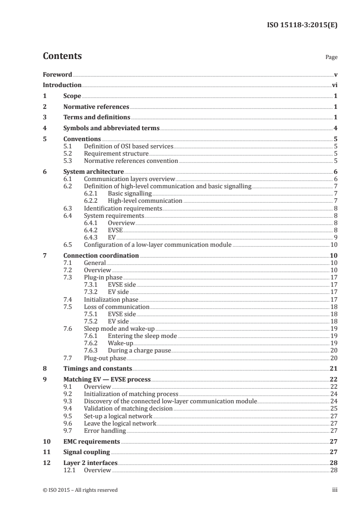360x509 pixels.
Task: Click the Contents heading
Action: tap(62, 56)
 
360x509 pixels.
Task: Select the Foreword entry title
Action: tap(57, 74)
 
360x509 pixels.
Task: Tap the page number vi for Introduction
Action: tap(334, 85)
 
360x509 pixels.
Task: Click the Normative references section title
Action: tap(96, 107)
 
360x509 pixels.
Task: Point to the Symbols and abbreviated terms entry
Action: tap(111, 128)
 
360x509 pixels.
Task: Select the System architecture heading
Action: tap(94, 171)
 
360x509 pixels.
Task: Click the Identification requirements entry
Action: tap(123, 208)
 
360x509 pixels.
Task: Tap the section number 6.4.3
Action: tap(91, 237)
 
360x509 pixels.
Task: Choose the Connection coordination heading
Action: tap(101, 255)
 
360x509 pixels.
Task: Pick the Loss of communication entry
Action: tap(117, 307)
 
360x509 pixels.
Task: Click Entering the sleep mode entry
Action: tap(142, 336)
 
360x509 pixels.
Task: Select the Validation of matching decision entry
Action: tap(128, 408)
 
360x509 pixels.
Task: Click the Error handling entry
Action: tap(105, 431)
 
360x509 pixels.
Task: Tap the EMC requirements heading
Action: tap(92, 441)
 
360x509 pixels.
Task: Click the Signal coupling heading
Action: tap(87, 452)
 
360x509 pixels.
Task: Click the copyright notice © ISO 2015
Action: tap(80, 489)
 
